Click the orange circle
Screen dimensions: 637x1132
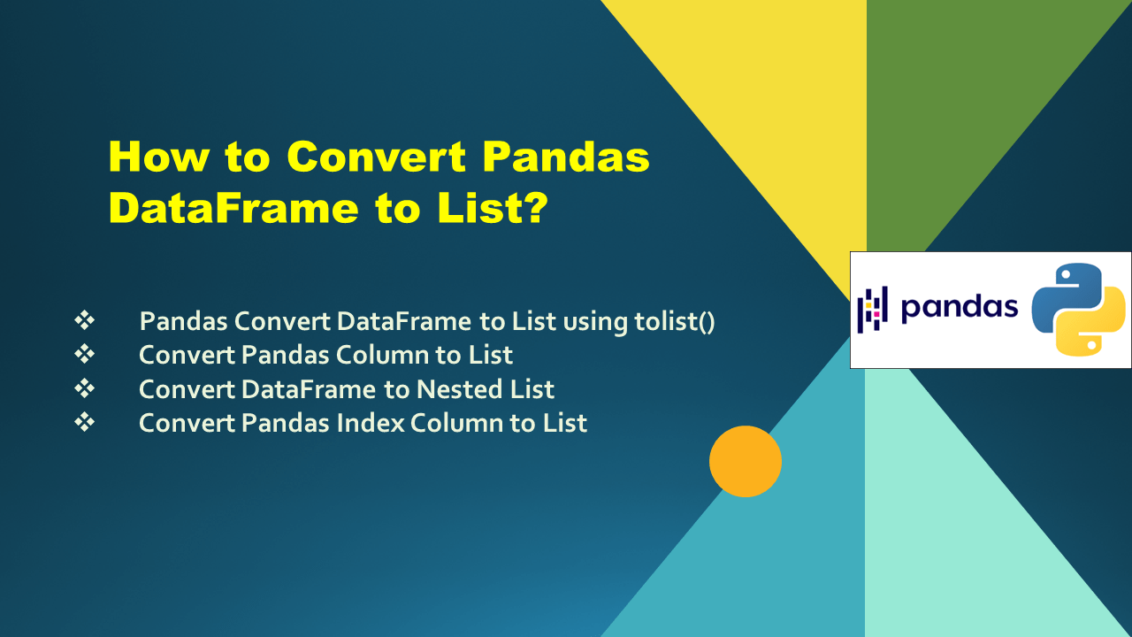746,461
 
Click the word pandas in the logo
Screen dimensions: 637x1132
959,307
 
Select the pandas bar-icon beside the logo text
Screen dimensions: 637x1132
872,309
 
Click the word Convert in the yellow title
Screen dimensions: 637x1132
377,158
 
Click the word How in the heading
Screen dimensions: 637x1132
158,158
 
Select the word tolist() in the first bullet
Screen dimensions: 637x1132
675,321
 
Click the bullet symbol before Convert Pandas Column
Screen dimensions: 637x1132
85,355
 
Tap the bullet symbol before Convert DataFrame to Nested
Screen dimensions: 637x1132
85,388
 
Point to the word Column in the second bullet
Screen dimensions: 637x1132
379,355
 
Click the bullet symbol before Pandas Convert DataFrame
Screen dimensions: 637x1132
85,321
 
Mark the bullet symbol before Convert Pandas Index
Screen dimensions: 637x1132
85,423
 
